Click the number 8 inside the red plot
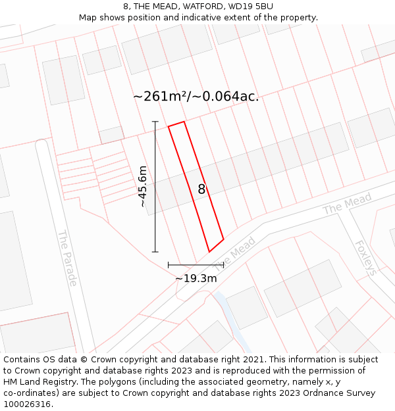point(201,189)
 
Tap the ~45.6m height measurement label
point(143,187)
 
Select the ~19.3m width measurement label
point(196,278)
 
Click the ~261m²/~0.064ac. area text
point(196,96)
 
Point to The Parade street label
point(67,258)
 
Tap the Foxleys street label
point(365,257)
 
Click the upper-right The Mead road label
point(347,203)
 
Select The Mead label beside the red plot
point(235,249)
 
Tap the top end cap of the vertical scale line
point(155,122)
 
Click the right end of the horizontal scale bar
point(224,265)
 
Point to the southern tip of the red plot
point(209,251)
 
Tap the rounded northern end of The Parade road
point(41,143)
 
